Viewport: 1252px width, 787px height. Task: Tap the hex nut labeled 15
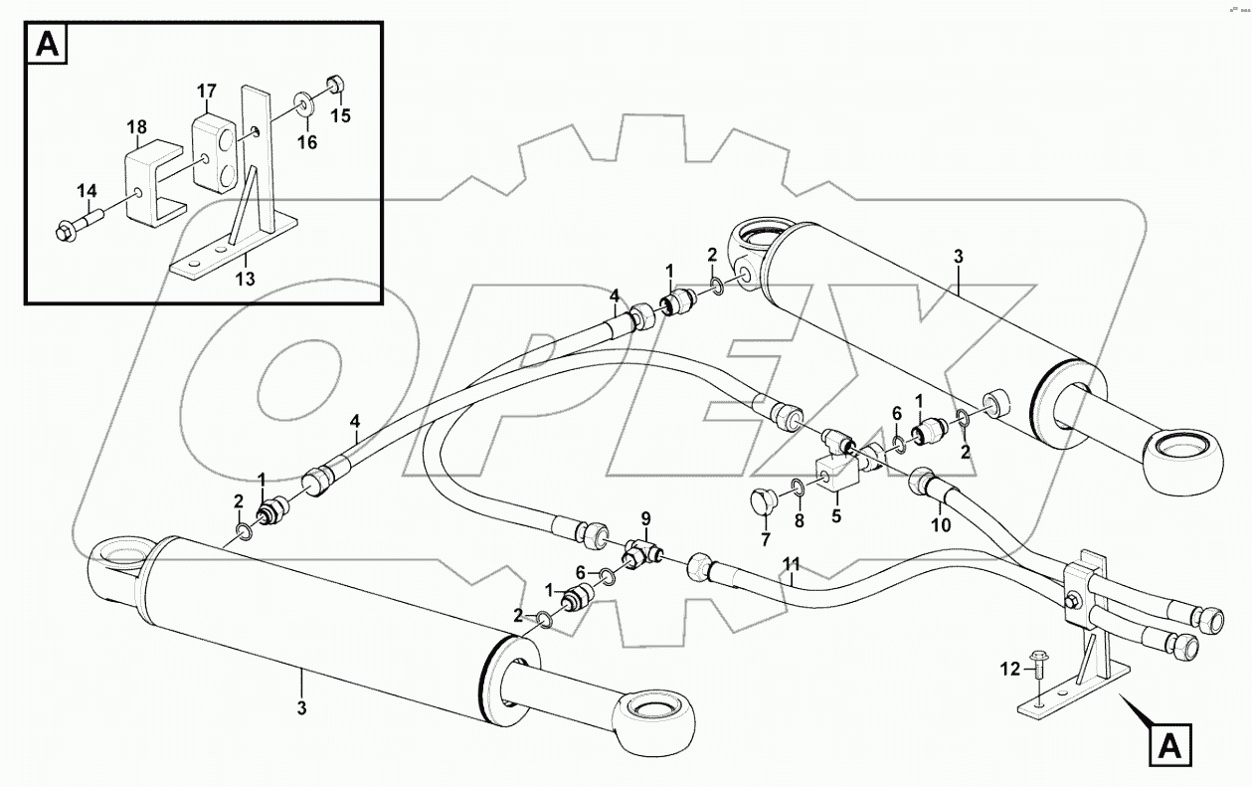pos(336,87)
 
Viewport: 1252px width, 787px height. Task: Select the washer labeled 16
pos(301,103)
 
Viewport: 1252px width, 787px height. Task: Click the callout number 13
pos(245,280)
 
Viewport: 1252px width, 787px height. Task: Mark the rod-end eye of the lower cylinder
pos(647,718)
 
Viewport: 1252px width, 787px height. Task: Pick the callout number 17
pos(206,92)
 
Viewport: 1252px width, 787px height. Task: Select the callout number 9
pos(645,517)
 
